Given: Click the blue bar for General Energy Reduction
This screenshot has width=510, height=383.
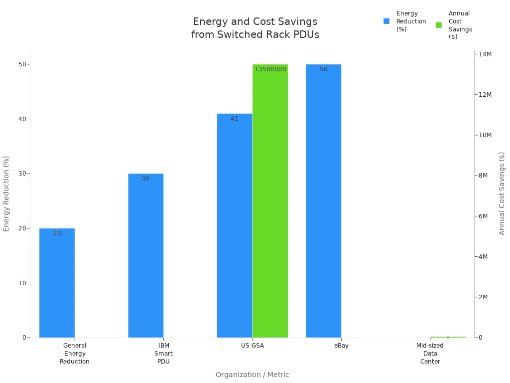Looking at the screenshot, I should tap(57, 283).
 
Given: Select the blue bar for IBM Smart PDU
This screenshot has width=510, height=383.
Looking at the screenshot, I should tap(145, 255).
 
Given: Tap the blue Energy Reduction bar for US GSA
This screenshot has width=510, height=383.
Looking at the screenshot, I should tap(234, 225).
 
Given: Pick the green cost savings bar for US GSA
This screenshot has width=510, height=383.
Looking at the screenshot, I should tap(270, 200).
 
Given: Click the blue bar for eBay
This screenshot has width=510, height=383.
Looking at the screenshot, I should tap(323, 200).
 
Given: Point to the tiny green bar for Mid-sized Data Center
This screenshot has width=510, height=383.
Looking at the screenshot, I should tap(448, 337).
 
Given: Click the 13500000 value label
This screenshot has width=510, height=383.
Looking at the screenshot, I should tap(270, 69).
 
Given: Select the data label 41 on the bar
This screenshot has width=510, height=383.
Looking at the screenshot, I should tap(234, 119).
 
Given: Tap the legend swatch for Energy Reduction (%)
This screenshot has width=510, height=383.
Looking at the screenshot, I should tap(386, 21).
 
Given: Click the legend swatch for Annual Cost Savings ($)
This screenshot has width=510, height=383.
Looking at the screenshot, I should tap(439, 25).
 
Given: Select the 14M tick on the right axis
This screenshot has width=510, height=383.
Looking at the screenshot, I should tap(485, 54).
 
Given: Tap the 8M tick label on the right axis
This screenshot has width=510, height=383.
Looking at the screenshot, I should tap(484, 176).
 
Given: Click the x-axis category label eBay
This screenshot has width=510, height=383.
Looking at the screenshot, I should tap(341, 346).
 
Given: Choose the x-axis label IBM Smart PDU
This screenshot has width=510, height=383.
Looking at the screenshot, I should tap(163, 353).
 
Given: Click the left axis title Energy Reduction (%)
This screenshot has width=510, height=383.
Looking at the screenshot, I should tap(6, 193).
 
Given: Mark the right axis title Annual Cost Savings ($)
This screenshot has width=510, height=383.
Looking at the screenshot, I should tap(502, 193).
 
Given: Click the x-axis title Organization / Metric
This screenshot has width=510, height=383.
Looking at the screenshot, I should tap(252, 375).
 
